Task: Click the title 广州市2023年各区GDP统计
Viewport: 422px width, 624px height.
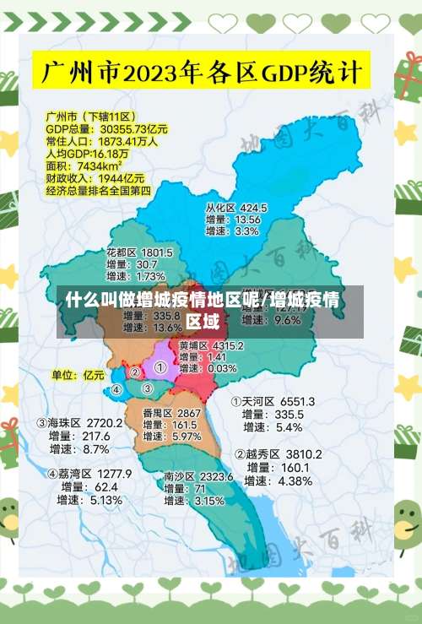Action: click(203, 70)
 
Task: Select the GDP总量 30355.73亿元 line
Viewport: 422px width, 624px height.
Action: click(106, 129)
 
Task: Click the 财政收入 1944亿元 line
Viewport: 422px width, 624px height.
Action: click(95, 178)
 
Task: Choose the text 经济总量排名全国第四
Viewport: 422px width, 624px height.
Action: click(98, 191)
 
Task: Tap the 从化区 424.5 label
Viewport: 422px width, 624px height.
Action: click(236, 208)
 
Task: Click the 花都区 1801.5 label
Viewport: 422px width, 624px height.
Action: click(139, 252)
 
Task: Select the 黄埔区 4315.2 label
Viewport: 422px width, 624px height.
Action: click(211, 345)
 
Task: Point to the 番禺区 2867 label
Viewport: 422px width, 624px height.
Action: click(171, 413)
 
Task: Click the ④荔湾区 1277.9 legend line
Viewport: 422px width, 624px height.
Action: click(89, 474)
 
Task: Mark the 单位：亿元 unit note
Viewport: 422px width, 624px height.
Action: click(78, 374)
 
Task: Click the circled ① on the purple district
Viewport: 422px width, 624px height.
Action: click(160, 368)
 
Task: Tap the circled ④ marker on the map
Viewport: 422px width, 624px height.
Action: click(116, 390)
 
